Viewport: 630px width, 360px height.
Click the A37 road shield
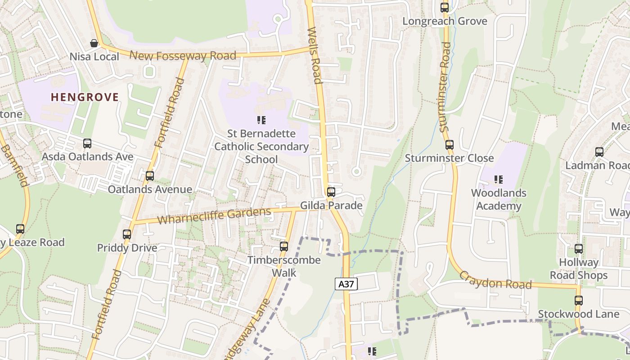(x=346, y=284)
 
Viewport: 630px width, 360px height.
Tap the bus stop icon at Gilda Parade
(x=331, y=192)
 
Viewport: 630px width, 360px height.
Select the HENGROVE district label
(x=85, y=97)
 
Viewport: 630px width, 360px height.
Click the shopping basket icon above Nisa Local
(x=94, y=43)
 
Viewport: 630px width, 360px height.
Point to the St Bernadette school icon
(x=261, y=120)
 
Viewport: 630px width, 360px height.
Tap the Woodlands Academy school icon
(x=499, y=180)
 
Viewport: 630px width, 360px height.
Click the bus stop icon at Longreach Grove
(x=445, y=8)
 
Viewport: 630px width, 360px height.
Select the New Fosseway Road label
(x=183, y=56)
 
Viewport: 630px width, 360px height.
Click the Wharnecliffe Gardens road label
(x=214, y=216)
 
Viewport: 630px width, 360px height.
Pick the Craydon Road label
(x=495, y=280)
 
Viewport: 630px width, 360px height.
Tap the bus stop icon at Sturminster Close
(x=449, y=145)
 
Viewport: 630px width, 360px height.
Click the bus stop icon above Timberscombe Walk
(x=283, y=247)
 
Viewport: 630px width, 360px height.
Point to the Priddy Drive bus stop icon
(x=127, y=234)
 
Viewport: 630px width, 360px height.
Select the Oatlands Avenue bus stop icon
(x=150, y=176)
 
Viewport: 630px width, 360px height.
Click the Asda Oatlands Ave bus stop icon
(x=87, y=144)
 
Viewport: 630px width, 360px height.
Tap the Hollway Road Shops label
(x=579, y=269)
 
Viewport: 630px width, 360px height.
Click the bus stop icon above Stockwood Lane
(x=579, y=301)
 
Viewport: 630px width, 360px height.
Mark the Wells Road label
(x=314, y=55)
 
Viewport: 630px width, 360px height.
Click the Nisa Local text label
(x=94, y=57)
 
